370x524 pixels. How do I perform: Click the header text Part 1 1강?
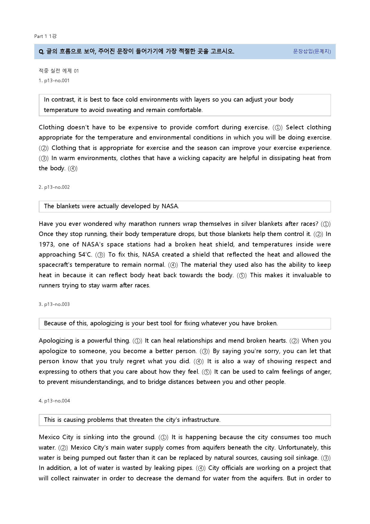pyautogui.click(x=45, y=36)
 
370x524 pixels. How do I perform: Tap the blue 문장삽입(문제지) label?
pyautogui.click(x=312, y=51)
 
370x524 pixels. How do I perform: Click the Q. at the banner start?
pyautogui.click(x=41, y=51)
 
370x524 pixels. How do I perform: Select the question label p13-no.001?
pyautogui.click(x=57, y=80)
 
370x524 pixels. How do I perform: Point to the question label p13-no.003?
pyautogui.click(x=57, y=304)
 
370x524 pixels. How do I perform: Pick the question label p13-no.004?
pyautogui.click(x=57, y=401)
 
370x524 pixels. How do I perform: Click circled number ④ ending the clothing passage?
pyautogui.click(x=73, y=168)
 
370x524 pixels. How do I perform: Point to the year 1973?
pyautogui.click(x=47, y=244)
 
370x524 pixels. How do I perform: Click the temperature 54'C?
pyautogui.click(x=85, y=255)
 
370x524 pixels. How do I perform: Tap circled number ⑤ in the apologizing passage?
pyautogui.click(x=206, y=372)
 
